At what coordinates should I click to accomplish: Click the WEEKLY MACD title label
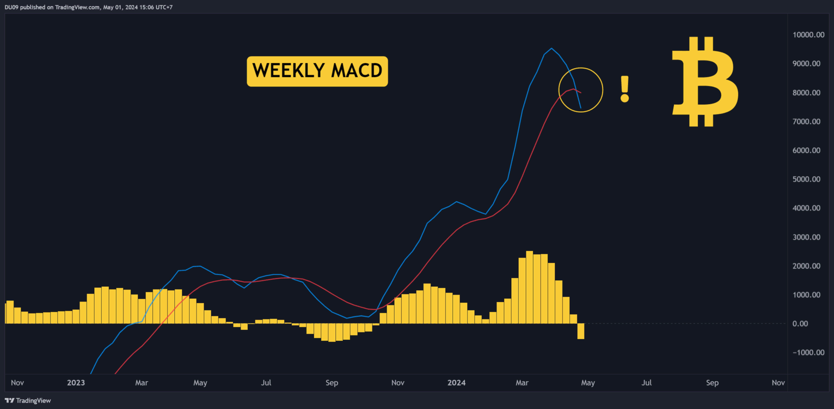[x=317, y=71]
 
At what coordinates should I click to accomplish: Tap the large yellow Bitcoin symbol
[x=705, y=82]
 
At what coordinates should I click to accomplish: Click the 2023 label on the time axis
[x=76, y=383]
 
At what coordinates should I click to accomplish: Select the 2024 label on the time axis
[x=456, y=383]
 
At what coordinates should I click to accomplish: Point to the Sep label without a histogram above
[x=712, y=383]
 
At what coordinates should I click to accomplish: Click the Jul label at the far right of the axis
[x=646, y=383]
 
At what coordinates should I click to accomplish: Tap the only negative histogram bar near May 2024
[x=581, y=331]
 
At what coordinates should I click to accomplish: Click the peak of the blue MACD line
[x=551, y=49]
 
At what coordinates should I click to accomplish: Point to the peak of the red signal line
[x=573, y=88]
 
